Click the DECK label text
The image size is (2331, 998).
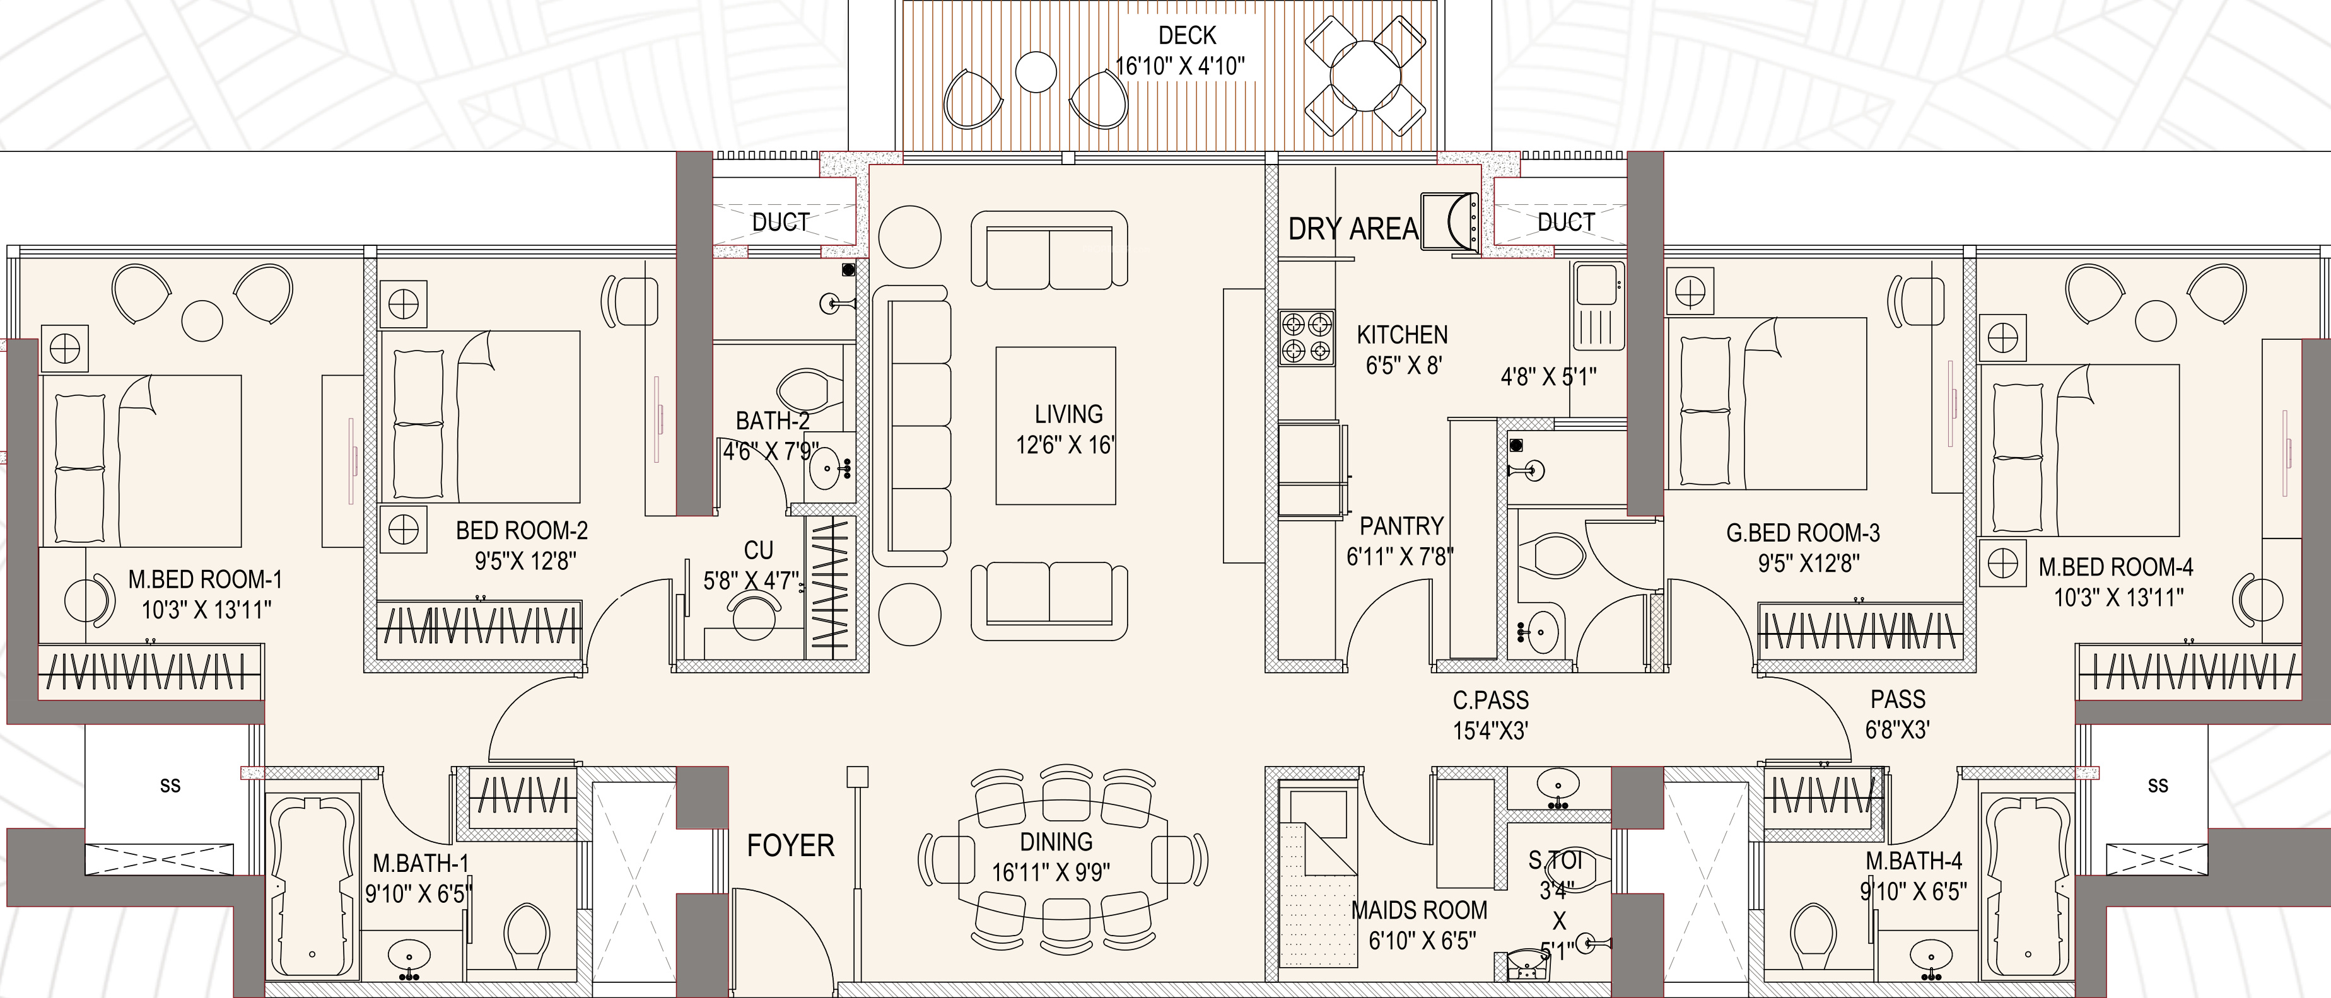pos(1187,35)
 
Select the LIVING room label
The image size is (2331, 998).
pos(1068,414)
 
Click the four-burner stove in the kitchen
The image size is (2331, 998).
pos(1307,339)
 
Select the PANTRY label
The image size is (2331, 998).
pos(1401,526)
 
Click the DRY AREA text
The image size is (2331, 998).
pos(1353,229)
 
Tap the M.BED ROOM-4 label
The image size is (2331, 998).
pos(2116,567)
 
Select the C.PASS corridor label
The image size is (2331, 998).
pos(1490,699)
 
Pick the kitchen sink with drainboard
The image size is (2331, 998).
pos(1599,305)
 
